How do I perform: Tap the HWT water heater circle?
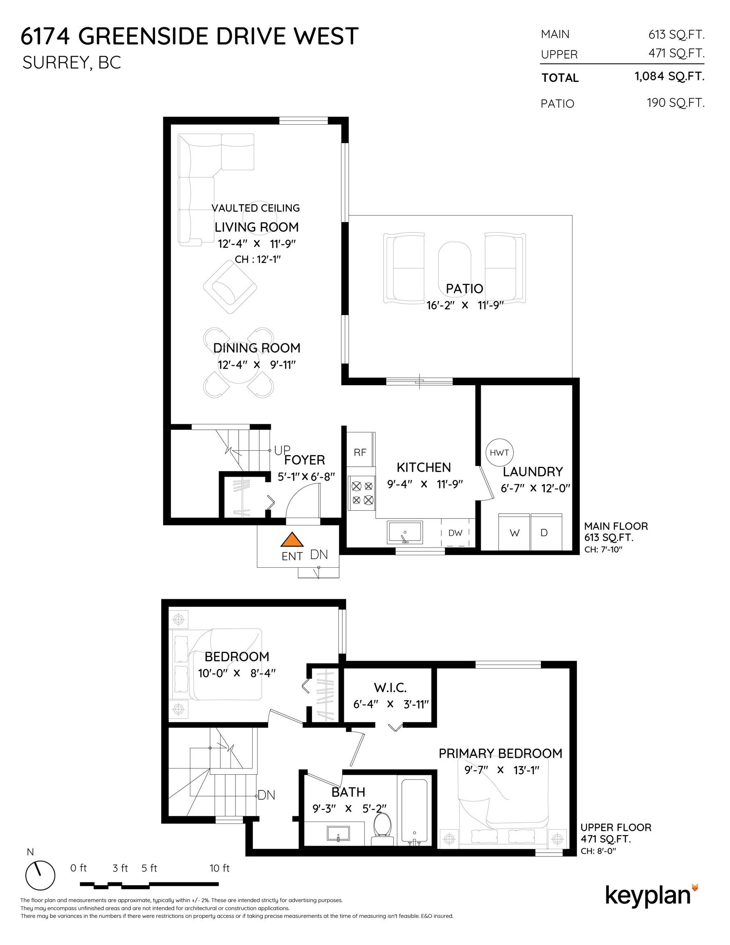click(x=499, y=452)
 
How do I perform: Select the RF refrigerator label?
click(x=360, y=452)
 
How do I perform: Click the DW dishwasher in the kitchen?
click(x=455, y=533)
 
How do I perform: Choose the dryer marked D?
click(x=544, y=533)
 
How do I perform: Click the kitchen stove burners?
click(x=362, y=493)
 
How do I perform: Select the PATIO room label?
click(x=464, y=289)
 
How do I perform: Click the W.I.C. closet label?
click(x=390, y=687)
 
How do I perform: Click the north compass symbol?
click(x=40, y=875)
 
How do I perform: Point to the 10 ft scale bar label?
click(x=219, y=868)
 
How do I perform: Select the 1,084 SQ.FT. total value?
click(x=669, y=77)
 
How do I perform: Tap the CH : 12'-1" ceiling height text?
click(x=258, y=259)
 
